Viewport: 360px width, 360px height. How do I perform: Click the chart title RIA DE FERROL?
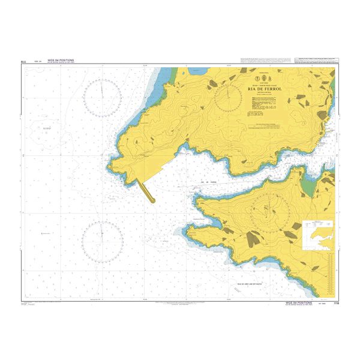coord(265,89)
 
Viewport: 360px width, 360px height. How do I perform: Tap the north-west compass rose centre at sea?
coord(103,98)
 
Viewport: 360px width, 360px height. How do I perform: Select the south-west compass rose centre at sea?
coord(103,241)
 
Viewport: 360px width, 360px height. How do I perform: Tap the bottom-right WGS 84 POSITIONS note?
coord(304,303)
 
